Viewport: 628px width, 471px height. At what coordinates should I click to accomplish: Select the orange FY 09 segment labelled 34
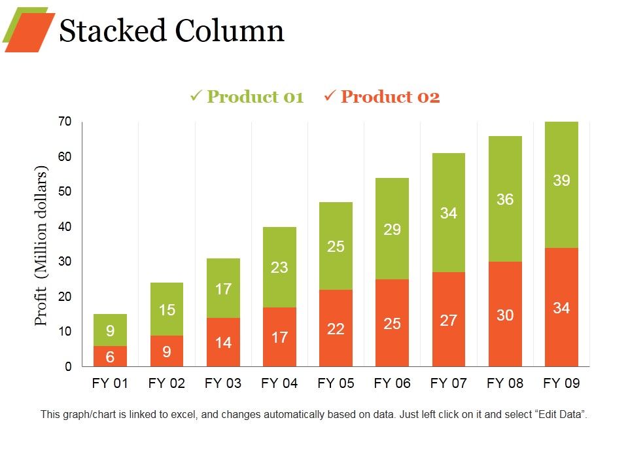pyautogui.click(x=561, y=307)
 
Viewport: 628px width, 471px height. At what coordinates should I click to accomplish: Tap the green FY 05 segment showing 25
pyautogui.click(x=336, y=246)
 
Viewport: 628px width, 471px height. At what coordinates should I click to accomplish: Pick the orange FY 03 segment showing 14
pyautogui.click(x=223, y=342)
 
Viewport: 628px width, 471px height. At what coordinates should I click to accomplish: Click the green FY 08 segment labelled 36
pyautogui.click(x=504, y=199)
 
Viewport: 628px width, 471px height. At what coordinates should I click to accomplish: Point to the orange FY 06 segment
pyautogui.click(x=392, y=323)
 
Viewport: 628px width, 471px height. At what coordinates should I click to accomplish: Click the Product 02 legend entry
pyautogui.click(x=382, y=97)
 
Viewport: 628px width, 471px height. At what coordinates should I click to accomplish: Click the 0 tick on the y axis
pyautogui.click(x=68, y=367)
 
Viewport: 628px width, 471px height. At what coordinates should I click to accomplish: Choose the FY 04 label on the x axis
pyautogui.click(x=279, y=383)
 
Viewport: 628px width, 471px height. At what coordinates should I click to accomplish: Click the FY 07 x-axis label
pyautogui.click(x=448, y=383)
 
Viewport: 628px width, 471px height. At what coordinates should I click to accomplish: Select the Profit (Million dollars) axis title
pyautogui.click(x=42, y=245)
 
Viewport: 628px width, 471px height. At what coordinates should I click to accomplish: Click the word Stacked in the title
pyautogui.click(x=113, y=31)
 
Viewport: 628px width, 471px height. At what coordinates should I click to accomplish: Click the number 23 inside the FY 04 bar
pyautogui.click(x=279, y=267)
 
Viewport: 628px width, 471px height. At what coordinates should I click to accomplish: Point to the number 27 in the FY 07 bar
pyautogui.click(x=448, y=320)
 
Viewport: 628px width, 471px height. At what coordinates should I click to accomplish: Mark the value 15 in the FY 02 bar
pyautogui.click(x=167, y=309)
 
